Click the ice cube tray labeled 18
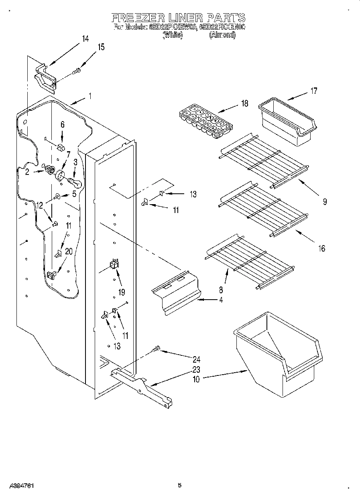[206, 122]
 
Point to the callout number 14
[85, 39]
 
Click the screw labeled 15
[77, 71]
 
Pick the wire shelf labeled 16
[263, 207]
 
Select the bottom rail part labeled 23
[142, 387]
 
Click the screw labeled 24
[157, 349]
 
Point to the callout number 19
[122, 292]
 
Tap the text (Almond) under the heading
[222, 35]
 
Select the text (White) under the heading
[173, 35]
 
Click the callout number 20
[69, 252]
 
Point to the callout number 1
[90, 96]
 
